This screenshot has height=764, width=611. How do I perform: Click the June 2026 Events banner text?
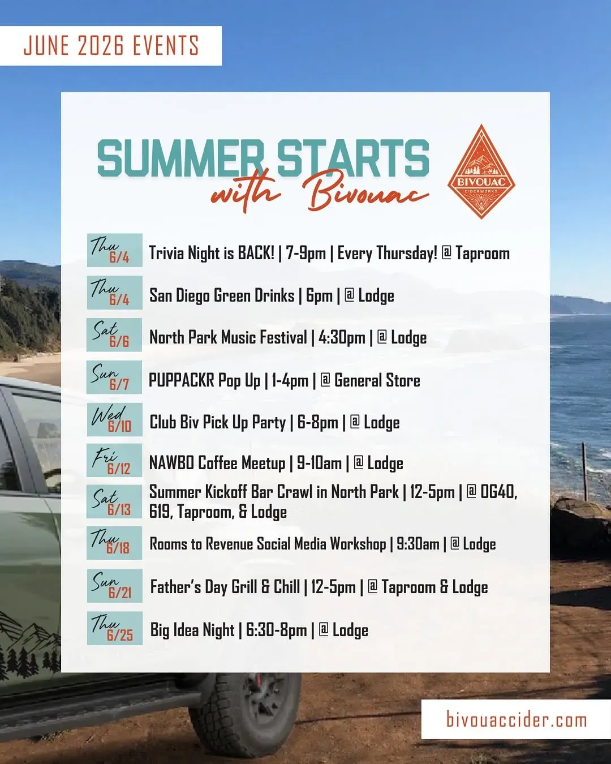[111, 45]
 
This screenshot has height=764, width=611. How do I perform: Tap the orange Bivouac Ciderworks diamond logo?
[481, 171]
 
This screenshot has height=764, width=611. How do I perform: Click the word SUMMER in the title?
[180, 158]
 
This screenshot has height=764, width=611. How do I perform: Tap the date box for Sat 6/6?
[114, 335]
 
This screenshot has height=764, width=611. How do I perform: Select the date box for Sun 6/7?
[114, 377]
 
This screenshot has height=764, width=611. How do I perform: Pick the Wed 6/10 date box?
[114, 419]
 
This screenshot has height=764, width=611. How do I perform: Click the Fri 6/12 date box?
[114, 460]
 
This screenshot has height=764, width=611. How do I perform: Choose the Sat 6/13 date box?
[114, 501]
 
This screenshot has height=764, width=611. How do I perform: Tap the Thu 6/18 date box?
[114, 543]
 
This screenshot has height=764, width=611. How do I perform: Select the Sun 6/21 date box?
[114, 586]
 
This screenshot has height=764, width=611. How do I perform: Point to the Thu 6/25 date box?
[114, 628]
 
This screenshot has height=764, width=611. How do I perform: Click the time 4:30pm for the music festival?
[342, 338]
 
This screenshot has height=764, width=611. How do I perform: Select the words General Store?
[377, 380]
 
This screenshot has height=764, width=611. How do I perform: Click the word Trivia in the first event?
[166, 253]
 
